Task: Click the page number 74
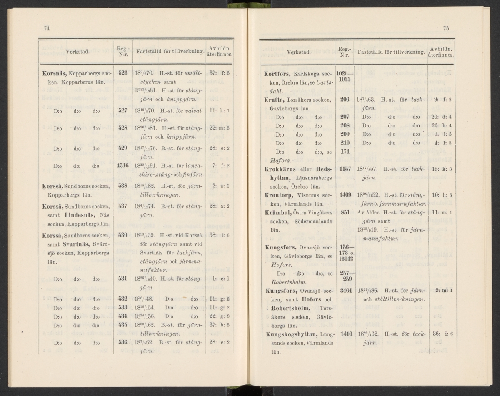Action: click(47, 28)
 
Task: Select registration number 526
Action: click(122, 72)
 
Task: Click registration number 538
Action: click(122, 186)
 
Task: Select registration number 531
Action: click(122, 279)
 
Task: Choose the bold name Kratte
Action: click(275, 100)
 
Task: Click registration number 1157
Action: click(345, 169)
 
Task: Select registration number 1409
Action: click(345, 194)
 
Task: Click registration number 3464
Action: click(345, 290)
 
